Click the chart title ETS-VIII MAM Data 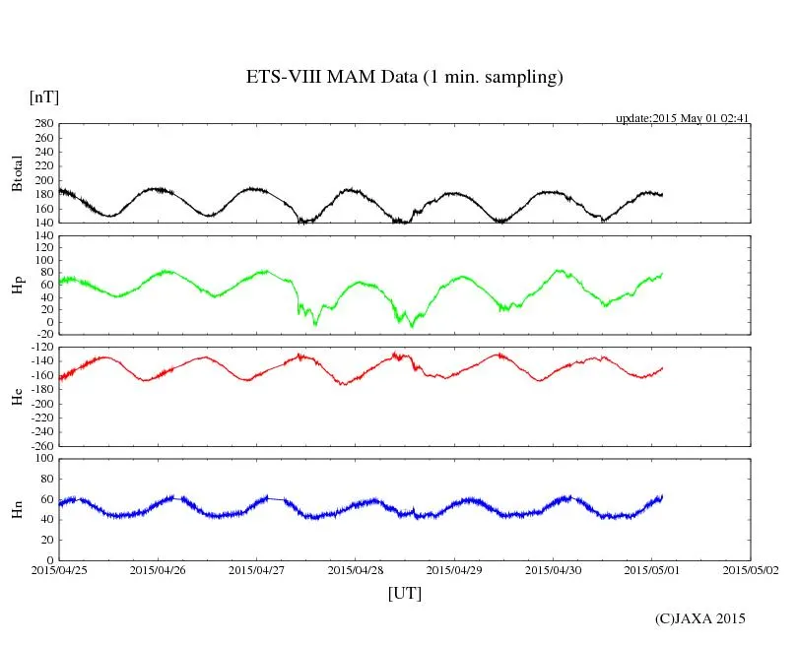coord(404,78)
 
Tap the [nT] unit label coord(44,97)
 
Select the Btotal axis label coord(17,173)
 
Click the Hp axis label coord(17,286)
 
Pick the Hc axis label coord(17,396)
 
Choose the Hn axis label coord(17,509)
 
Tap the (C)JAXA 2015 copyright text coord(700,618)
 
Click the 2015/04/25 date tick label coord(59,569)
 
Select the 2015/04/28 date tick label coord(356,569)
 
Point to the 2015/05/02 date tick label coord(751,569)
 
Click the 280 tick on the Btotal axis coord(43,124)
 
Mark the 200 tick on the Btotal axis coord(43,180)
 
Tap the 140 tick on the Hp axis coord(43,235)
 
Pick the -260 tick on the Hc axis coord(40,445)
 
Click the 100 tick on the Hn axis coord(43,458)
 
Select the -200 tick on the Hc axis coord(40,404)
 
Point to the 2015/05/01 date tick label coord(652,569)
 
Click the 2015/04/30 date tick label coord(554,569)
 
